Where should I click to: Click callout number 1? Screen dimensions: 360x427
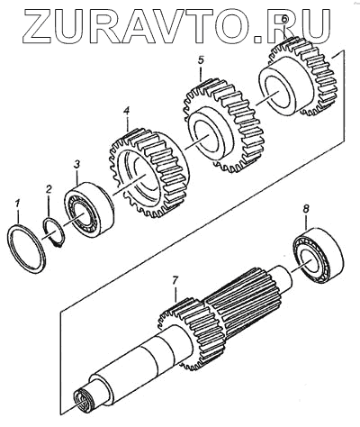pos(18,204)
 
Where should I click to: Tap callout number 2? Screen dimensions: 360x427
pos(49,190)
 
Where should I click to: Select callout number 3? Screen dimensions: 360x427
pos(77,165)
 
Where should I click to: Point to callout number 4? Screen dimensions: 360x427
pos(127,112)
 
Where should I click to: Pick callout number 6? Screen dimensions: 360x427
pos(285,20)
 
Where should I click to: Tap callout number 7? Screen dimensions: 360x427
pos(175,281)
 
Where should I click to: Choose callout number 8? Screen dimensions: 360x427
pos(306,209)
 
